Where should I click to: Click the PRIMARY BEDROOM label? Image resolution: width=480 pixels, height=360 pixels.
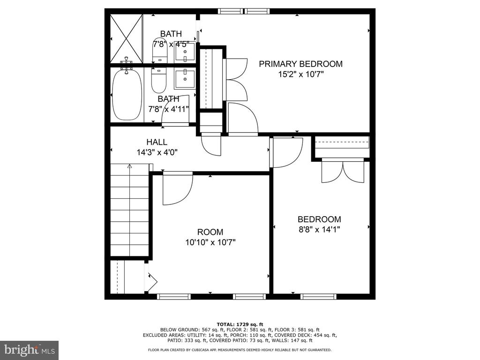point(300,64)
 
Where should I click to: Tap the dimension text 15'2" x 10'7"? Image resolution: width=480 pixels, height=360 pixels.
point(300,74)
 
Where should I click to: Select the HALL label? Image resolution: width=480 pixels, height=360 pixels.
point(157,142)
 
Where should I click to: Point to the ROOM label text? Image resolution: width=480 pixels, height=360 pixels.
point(210,232)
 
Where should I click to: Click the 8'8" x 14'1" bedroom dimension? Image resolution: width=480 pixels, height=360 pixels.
point(319,229)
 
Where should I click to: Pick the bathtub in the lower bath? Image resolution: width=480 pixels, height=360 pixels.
point(127,95)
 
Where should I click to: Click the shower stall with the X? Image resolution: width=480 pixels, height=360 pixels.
point(127,39)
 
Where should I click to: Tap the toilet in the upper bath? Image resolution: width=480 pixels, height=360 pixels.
point(160,51)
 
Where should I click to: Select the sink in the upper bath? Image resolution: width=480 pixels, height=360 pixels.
point(185,52)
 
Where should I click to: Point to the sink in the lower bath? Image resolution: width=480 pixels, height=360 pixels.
point(185,79)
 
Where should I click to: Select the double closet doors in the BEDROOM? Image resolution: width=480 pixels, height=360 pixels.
point(343,171)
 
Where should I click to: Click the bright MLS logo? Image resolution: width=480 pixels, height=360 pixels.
point(30,349)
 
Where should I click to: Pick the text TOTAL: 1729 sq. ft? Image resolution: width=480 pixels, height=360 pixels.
point(240,324)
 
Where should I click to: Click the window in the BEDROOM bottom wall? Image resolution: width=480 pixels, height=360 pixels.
point(318,296)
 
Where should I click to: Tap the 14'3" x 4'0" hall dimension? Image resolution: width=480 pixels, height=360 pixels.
point(157,152)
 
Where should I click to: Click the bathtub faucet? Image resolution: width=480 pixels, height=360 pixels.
point(126,65)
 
